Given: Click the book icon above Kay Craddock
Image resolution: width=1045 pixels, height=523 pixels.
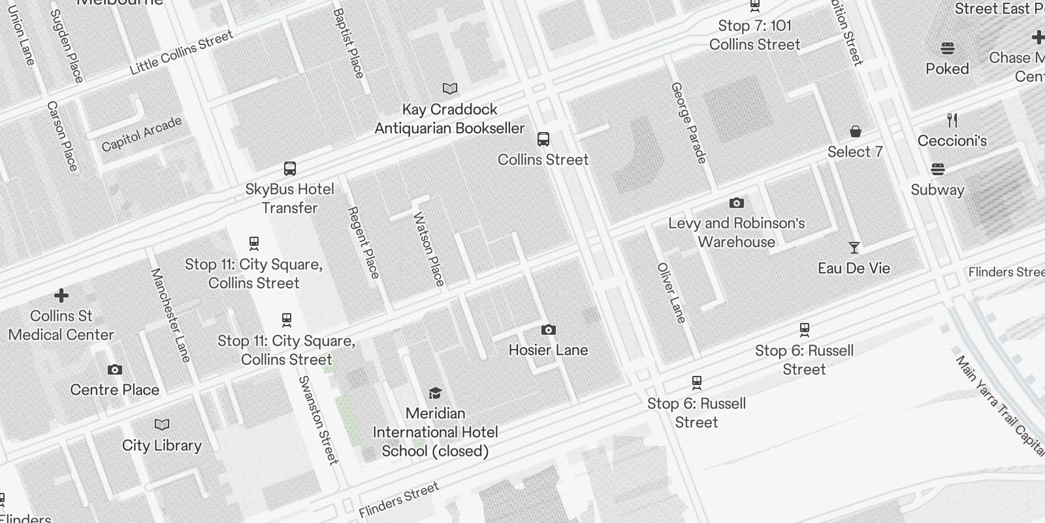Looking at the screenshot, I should tap(450, 88).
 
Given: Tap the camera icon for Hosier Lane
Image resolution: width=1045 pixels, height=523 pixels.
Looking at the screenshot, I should tap(549, 329).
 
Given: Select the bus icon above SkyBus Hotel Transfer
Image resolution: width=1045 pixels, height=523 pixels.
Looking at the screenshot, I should tap(290, 169).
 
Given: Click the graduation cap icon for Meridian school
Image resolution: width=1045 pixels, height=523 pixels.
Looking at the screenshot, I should tap(436, 393).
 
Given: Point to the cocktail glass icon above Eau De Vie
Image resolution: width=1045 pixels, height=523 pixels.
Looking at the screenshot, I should tap(854, 248).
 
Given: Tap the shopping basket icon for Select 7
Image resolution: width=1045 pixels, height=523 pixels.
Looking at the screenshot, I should tap(856, 132).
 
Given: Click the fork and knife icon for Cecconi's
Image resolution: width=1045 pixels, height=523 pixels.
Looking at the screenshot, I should tap(952, 120).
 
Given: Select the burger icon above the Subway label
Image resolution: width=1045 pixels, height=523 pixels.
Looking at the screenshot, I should tap(938, 170).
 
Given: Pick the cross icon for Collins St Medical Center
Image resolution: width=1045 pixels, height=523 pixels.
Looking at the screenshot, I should tap(61, 295).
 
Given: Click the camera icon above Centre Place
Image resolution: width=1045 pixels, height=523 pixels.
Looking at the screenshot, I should tap(115, 370).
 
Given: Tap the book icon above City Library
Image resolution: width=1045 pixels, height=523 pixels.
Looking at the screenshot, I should tap(162, 425).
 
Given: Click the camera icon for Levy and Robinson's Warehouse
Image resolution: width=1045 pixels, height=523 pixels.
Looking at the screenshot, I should tap(737, 203).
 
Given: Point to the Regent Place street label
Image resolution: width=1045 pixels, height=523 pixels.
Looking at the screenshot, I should tap(363, 243).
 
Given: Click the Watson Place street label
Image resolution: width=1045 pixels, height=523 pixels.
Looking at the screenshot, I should tap(429, 249).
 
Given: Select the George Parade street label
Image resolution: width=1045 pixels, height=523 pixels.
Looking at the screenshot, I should tap(689, 122).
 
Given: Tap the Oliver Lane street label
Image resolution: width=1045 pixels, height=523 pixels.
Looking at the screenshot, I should tap(671, 293).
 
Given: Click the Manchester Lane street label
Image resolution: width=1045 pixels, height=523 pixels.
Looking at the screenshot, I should tap(170, 315).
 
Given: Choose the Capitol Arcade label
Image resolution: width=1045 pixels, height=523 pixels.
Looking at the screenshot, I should tap(142, 134).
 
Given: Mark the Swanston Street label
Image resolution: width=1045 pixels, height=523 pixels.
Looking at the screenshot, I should tap(319, 420).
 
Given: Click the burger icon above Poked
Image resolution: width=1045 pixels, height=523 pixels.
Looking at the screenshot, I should tap(948, 48).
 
